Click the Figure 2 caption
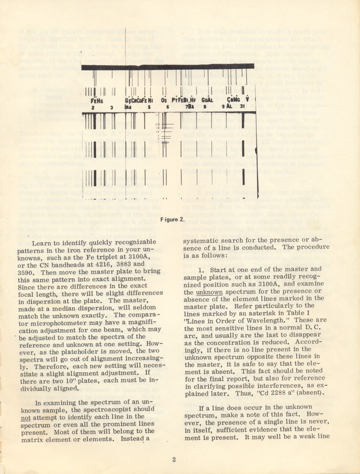tap(172, 219)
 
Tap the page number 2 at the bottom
tap(174, 459)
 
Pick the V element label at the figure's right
tap(247, 99)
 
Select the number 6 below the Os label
tap(167, 107)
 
